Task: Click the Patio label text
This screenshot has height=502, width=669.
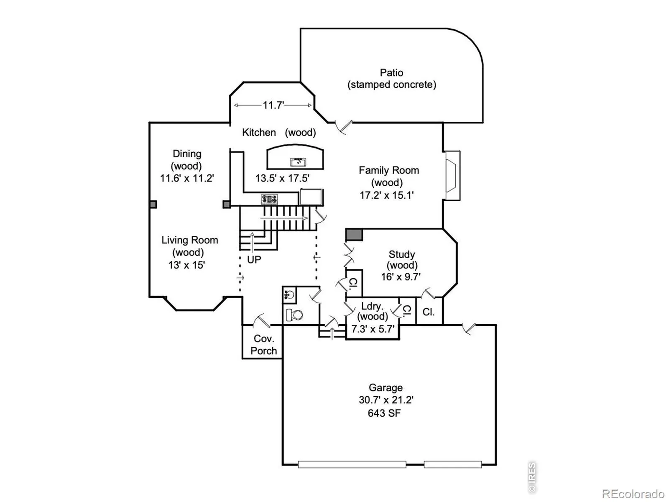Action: tap(391, 72)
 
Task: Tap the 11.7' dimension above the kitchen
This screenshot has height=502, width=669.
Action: tap(273, 105)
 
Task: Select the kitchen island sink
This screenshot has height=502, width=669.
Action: tap(298, 161)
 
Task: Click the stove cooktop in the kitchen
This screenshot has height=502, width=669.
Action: tap(269, 200)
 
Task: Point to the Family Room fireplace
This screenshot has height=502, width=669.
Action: tap(452, 176)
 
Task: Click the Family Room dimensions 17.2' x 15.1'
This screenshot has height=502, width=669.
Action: tap(386, 195)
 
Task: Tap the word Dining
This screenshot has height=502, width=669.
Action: tap(187, 154)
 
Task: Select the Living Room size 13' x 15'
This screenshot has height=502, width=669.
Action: tap(186, 265)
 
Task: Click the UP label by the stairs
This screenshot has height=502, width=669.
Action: tap(254, 260)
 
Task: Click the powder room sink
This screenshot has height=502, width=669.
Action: tap(289, 295)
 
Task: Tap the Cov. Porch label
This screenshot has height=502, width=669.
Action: tap(264, 345)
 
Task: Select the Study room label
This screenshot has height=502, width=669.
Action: tap(402, 254)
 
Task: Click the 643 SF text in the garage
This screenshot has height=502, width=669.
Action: tap(384, 413)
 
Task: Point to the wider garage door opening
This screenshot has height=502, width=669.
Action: tap(352, 464)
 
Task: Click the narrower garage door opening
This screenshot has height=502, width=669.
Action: tap(453, 464)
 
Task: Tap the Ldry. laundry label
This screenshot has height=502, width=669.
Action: tap(372, 306)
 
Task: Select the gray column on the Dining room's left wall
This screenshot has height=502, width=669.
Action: tap(153, 204)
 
